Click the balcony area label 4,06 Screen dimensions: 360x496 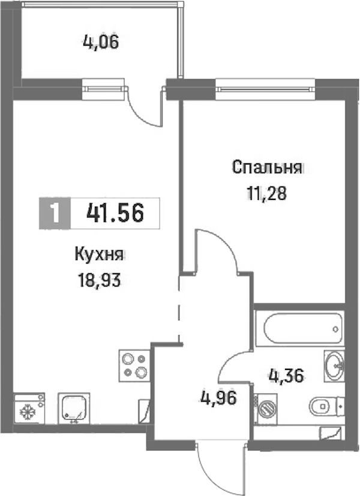point(101,42)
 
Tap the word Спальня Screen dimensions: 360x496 point(266,168)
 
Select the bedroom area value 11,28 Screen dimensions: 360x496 point(266,193)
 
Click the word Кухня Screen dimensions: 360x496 point(98,255)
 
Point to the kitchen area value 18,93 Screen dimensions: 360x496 point(99,280)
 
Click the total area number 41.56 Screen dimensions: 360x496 point(115,213)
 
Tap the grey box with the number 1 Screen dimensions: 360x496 point(55,213)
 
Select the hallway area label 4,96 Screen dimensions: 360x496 point(218,398)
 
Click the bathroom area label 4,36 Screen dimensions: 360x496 point(286,376)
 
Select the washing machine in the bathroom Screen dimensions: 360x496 point(266,409)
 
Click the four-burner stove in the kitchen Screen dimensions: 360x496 point(134,366)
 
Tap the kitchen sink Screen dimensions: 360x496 point(74,408)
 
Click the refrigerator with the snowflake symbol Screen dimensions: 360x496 point(29,408)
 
